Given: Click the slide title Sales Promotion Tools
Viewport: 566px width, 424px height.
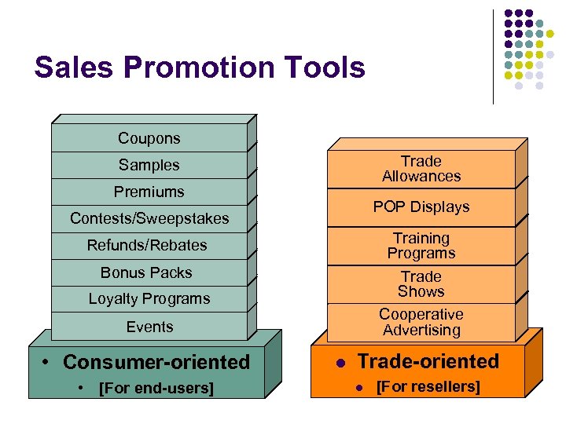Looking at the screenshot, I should pos(200,68).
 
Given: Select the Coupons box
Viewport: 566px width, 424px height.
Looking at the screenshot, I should pos(149,138).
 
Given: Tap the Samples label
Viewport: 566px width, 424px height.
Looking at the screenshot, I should pos(149,165).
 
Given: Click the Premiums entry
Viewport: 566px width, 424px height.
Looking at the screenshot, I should pos(149,192).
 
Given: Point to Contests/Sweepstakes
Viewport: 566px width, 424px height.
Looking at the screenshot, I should pos(149,218).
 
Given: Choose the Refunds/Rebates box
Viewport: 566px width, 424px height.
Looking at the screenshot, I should pos(147,245).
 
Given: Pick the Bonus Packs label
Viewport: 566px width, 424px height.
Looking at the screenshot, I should pos(146,272).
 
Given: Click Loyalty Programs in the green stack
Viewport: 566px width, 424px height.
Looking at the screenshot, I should pos(149,298).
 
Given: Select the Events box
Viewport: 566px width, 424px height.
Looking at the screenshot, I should pos(149,326).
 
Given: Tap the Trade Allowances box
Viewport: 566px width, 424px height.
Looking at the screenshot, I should pos(421,169).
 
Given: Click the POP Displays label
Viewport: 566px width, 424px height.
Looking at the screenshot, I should pos(421,207).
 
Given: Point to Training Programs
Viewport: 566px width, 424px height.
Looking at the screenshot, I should pos(421,245).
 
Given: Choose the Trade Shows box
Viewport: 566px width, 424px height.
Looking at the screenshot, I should pos(421,283).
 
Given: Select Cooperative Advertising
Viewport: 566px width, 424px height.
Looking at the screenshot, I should pos(421,322).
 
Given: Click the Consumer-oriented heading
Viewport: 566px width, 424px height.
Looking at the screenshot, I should pos(156,362).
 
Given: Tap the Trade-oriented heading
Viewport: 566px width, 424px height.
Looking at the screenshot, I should pos(428,361).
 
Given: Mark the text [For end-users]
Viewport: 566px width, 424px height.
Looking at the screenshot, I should pos(155,387).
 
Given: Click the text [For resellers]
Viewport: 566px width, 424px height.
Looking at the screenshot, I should pos(428,386).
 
